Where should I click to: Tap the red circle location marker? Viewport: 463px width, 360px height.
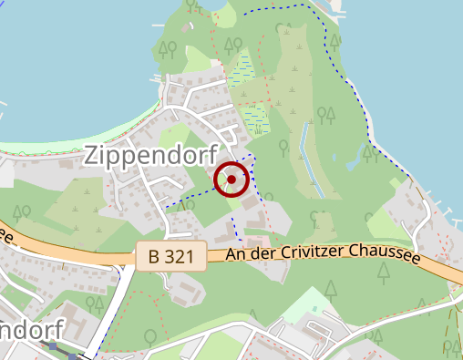[231, 180]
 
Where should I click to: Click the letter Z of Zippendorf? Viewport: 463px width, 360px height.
[92, 156]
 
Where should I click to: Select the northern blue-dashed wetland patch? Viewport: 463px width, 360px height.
[241, 69]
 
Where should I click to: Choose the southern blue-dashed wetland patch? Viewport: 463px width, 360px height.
[256, 117]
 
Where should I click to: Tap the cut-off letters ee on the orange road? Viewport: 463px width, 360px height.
[6, 236]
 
